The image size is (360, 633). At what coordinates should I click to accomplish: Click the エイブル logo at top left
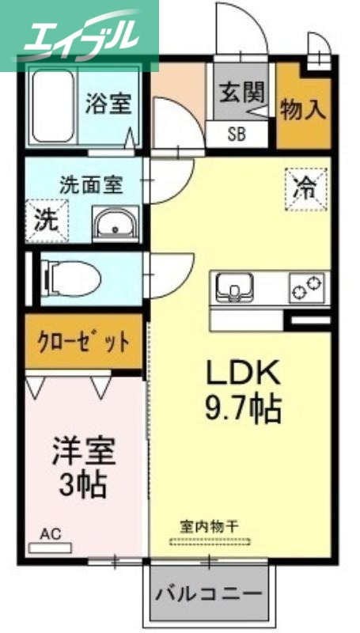point(79,36)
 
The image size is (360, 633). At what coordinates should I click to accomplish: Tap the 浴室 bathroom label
point(108,104)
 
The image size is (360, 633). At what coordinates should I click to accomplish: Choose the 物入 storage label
point(303,109)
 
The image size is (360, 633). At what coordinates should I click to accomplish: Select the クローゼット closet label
point(84,342)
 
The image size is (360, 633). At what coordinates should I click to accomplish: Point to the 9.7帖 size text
point(243,407)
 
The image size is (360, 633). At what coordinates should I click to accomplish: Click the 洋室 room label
point(84,451)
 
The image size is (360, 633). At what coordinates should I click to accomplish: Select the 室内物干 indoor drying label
point(210,525)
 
